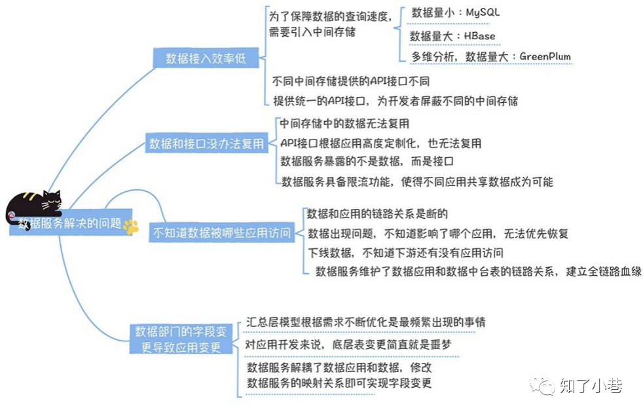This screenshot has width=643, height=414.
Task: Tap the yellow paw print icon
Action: click(131, 226)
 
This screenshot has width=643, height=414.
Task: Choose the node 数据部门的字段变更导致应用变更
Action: click(181, 338)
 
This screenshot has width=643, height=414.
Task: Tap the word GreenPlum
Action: click(545, 56)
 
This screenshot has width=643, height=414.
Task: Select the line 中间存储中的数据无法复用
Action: click(344, 123)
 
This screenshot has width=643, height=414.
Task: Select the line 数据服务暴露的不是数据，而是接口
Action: click(367, 161)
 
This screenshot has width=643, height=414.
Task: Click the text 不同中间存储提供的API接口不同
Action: click(351, 82)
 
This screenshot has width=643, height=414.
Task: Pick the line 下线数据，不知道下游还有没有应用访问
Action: click(406, 253)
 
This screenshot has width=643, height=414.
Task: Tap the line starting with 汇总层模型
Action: click(365, 322)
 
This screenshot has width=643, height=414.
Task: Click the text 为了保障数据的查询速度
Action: click(330, 15)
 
